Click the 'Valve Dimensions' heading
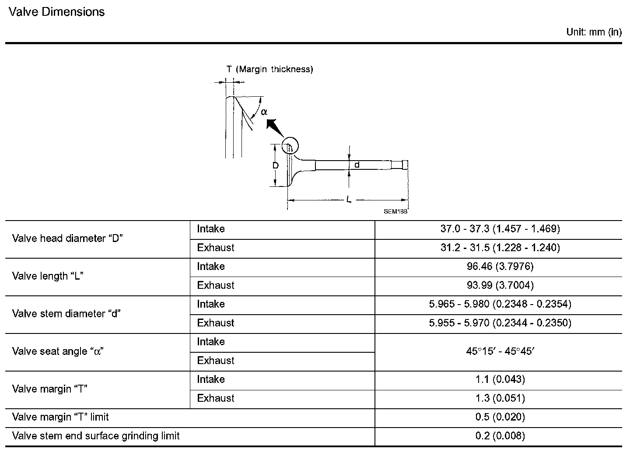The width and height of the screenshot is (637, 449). point(57,12)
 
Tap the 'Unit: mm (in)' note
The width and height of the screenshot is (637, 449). point(594,32)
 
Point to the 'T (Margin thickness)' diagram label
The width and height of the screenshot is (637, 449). point(269,69)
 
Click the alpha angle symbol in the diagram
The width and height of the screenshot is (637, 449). point(264,112)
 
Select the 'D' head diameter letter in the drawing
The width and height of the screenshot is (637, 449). point(276,166)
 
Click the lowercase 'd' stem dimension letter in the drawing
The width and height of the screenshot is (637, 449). point(357,165)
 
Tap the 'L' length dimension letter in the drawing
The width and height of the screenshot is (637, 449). point(349,200)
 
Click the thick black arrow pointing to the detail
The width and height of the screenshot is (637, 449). point(275,127)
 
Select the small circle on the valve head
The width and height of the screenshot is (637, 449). point(290,146)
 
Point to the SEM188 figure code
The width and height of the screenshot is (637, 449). point(395,211)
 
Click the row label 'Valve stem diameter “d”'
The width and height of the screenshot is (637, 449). point(66,314)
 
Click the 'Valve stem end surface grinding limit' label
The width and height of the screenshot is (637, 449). point(96,436)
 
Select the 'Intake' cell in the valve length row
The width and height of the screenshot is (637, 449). point(211,267)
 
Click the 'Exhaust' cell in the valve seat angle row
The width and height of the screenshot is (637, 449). point(216,361)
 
